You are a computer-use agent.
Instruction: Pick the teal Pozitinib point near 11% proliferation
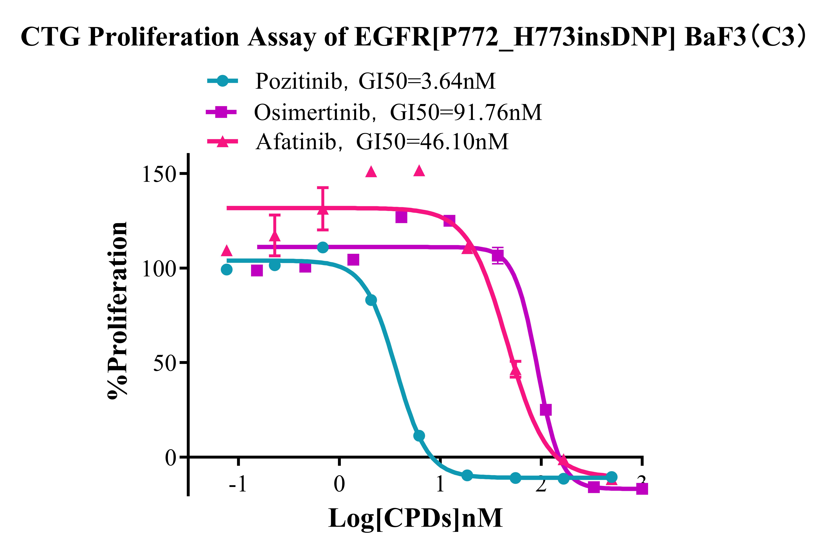coord(419,436)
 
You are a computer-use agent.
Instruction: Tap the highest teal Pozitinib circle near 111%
coord(323,248)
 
